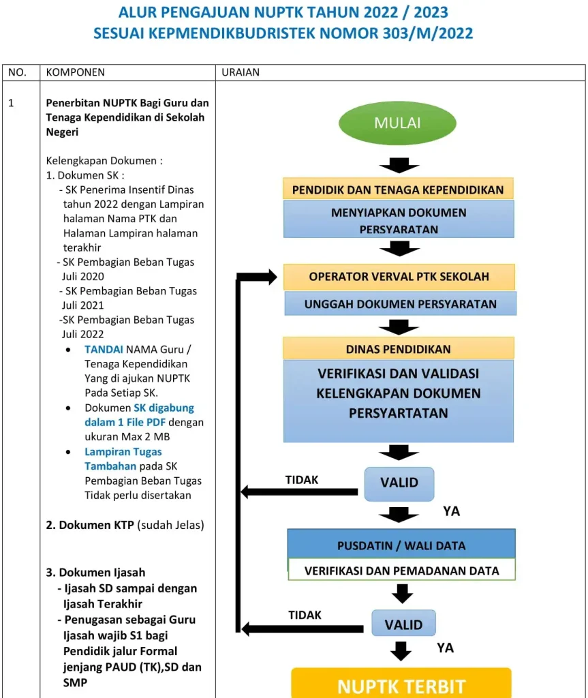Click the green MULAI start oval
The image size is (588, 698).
coord(397,123)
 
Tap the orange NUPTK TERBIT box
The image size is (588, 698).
coord(401,684)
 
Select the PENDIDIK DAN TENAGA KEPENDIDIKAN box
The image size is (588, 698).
coord(398,189)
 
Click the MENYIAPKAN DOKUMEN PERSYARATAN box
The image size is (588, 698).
coord(399,220)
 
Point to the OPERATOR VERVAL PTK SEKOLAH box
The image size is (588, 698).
coord(399,277)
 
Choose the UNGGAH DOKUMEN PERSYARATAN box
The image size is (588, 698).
coord(400,304)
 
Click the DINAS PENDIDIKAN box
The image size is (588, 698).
coord(399,349)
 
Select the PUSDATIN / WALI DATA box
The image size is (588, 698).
coord(401,545)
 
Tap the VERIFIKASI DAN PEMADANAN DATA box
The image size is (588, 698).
coord(401,571)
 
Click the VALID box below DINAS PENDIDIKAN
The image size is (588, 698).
coord(399,483)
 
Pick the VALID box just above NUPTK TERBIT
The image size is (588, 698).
coord(403,624)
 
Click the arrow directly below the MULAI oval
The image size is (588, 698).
coord(399,165)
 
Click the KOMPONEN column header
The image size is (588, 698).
coord(75,72)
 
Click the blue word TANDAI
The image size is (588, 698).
coord(104,349)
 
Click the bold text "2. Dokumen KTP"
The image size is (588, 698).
coord(96,525)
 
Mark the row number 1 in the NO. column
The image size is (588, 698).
coord(11,104)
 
